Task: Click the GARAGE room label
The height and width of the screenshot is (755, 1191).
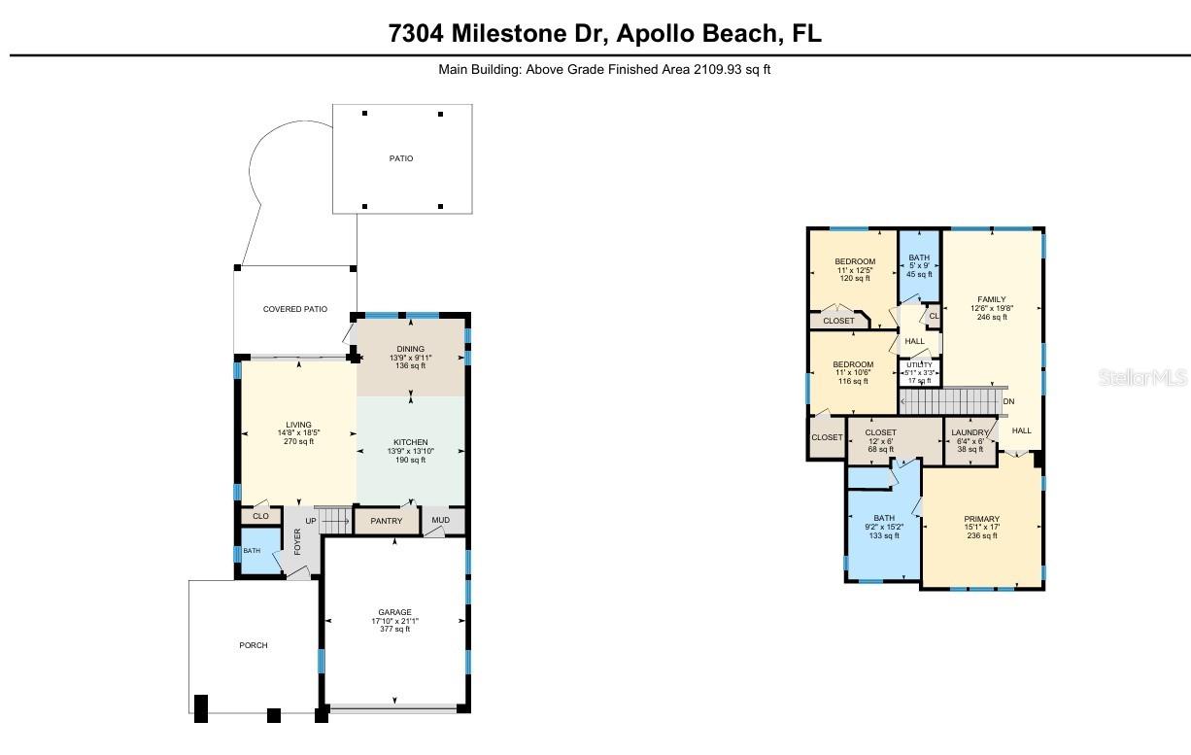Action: pyautogui.click(x=394, y=612)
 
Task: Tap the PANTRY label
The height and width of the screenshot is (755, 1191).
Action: pyautogui.click(x=387, y=521)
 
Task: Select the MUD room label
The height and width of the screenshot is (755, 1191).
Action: pyautogui.click(x=441, y=520)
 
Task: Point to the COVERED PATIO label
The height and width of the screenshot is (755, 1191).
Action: pyautogui.click(x=295, y=309)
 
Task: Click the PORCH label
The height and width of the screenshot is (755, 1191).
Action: pyautogui.click(x=254, y=645)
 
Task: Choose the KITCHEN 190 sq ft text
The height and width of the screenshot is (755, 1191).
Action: pyautogui.click(x=410, y=460)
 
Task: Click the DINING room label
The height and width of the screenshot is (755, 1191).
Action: pyautogui.click(x=411, y=348)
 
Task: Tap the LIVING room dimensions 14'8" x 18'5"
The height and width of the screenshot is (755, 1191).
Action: pyautogui.click(x=298, y=432)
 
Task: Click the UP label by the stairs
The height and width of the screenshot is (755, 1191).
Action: pyautogui.click(x=311, y=521)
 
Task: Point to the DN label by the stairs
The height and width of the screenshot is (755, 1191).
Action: pyautogui.click(x=1008, y=401)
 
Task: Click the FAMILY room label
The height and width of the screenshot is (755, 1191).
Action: pyautogui.click(x=992, y=299)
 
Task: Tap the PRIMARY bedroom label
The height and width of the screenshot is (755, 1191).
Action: pyautogui.click(x=982, y=519)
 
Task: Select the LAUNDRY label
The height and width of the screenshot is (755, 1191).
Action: pyautogui.click(x=970, y=432)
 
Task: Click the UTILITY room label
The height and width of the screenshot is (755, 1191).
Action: pyautogui.click(x=919, y=365)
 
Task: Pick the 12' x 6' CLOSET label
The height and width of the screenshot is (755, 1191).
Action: pyautogui.click(x=881, y=432)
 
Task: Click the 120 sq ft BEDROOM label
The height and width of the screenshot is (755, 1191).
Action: pyautogui.click(x=855, y=261)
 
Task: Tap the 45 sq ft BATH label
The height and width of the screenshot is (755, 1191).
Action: pyautogui.click(x=918, y=257)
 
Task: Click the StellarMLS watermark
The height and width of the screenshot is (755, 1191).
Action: pyautogui.click(x=1142, y=376)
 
